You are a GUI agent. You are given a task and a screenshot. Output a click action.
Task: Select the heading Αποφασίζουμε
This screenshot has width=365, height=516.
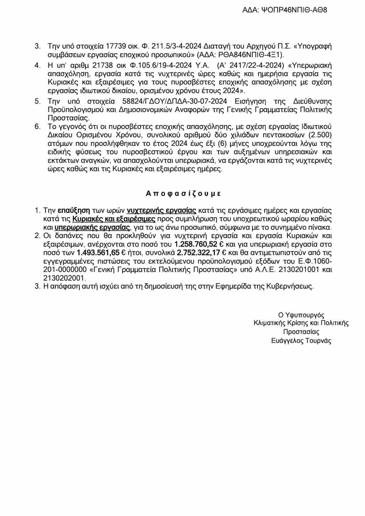point(183,193)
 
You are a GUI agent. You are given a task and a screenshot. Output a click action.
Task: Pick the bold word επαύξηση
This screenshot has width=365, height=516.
point(72,210)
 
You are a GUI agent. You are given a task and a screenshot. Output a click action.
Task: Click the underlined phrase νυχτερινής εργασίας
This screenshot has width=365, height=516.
point(162,210)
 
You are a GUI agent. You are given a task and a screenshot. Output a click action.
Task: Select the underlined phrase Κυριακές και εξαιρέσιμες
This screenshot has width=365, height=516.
point(114,219)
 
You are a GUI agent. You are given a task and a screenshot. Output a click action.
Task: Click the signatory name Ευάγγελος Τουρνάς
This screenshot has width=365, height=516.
point(301,341)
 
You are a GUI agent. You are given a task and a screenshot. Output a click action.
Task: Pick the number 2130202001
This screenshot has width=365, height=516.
point(64,278)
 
